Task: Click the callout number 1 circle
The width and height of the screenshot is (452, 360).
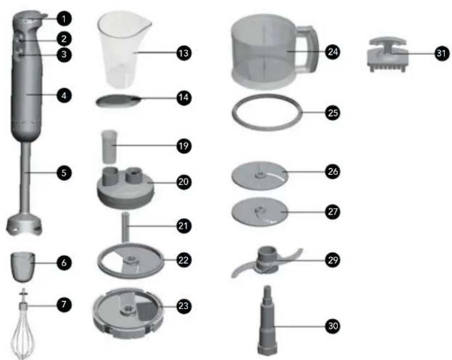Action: (x=64, y=19)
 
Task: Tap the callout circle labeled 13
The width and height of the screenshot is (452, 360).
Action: (x=184, y=53)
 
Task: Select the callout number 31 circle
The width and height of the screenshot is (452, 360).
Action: (x=442, y=54)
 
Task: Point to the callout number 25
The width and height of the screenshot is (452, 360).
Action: (x=332, y=113)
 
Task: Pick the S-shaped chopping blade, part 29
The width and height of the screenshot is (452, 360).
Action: (x=267, y=262)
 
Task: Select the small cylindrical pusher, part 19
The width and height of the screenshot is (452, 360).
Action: (x=110, y=147)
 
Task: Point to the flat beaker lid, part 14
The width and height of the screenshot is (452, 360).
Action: (x=118, y=101)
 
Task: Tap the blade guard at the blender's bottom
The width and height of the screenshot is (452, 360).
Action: (x=24, y=225)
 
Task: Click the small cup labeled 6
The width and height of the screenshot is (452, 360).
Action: (x=23, y=267)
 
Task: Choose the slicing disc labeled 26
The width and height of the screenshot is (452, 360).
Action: (x=260, y=175)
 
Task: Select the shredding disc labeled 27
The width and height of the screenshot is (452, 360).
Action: (x=260, y=212)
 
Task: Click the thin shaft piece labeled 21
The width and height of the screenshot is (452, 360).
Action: (x=126, y=227)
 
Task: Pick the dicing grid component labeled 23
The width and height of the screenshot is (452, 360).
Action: (x=128, y=312)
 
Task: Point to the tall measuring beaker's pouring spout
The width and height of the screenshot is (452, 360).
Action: (x=146, y=25)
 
